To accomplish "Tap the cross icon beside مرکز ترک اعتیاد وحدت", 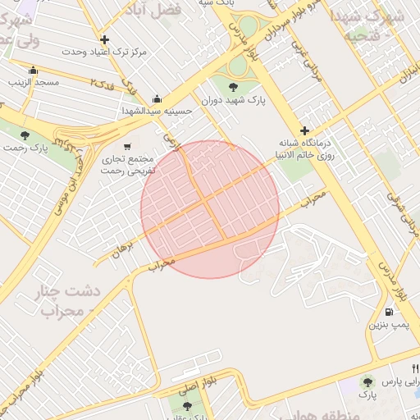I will tap(104, 39).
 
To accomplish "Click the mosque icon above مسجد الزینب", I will tap(33, 70).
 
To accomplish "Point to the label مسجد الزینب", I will tap(34, 82).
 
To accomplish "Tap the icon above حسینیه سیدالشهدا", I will tap(157, 99).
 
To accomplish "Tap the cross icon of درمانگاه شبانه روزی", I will tap(304, 130).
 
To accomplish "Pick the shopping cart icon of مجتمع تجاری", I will tap(126, 147).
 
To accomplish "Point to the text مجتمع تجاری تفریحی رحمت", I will tap(128, 166).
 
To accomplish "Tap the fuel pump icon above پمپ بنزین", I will tap(387, 312).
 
